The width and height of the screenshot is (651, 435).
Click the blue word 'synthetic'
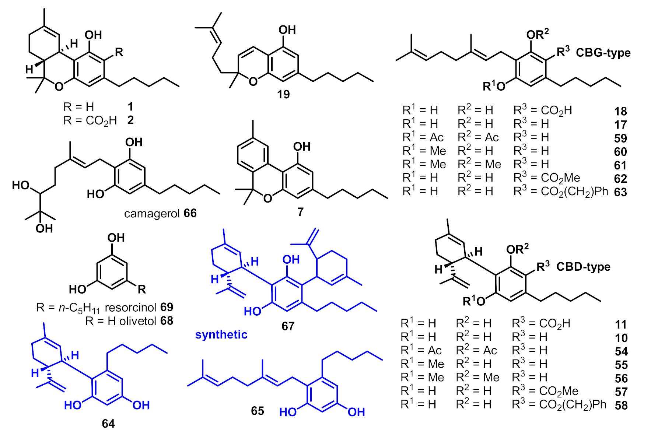[x=221, y=334]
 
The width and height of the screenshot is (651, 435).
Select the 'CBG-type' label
[x=603, y=53]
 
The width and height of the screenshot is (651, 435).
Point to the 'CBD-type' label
[x=583, y=267]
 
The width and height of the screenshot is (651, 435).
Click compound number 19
[x=283, y=95]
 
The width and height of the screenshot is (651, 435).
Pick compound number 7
[x=301, y=212]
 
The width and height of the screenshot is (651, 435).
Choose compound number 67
[x=288, y=326]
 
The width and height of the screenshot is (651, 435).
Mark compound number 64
[x=108, y=424]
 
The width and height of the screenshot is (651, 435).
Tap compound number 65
[x=258, y=411]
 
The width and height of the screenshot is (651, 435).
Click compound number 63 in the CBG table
[x=620, y=192]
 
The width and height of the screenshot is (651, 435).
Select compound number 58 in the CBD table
[x=621, y=405]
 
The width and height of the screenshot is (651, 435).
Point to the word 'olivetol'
[x=133, y=321]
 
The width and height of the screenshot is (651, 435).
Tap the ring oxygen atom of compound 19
[x=253, y=81]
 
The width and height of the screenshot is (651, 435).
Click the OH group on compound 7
[x=301, y=147]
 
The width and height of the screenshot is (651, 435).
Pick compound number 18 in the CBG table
[x=620, y=111]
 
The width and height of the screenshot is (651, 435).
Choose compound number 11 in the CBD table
[x=621, y=324]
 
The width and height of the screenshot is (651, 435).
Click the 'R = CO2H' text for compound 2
[x=90, y=120]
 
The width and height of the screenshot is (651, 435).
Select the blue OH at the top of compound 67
[x=291, y=259]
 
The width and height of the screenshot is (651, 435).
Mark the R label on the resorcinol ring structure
[x=142, y=289]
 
